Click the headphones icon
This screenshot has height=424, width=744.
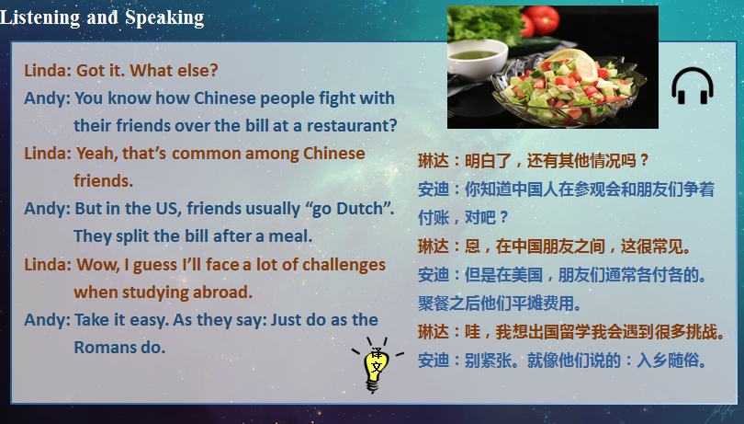point(692,86)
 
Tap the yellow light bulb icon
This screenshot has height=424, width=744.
point(374,366)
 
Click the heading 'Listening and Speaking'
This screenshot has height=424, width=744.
point(102,17)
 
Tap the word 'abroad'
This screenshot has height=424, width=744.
point(220,292)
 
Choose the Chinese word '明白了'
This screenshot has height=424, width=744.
point(486,161)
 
